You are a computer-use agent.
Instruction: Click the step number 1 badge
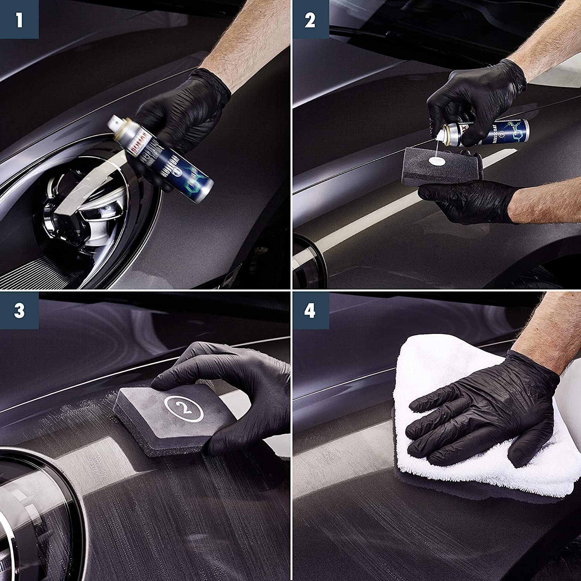19,19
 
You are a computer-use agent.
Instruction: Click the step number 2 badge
310,19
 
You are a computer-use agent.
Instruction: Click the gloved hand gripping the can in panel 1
182,108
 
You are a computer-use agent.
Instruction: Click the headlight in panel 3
31,515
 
